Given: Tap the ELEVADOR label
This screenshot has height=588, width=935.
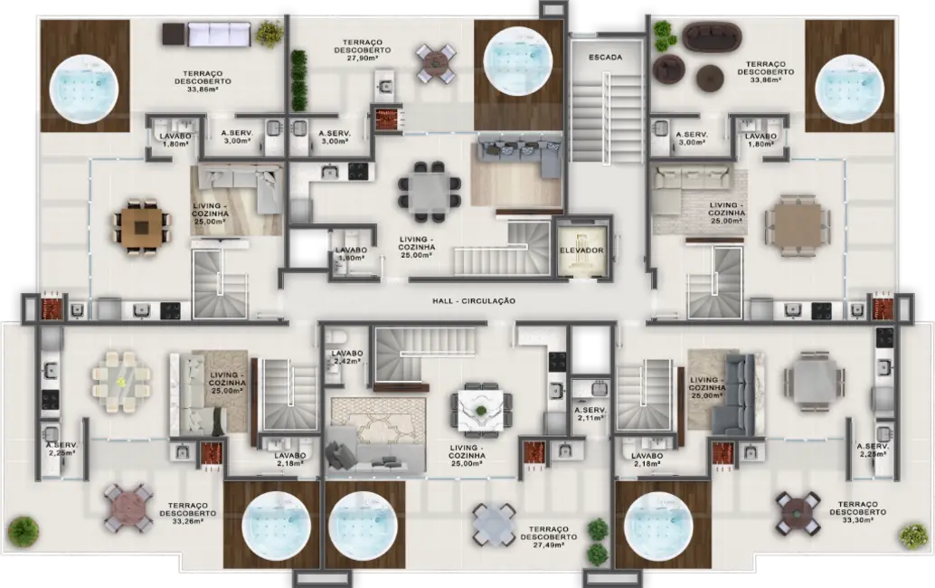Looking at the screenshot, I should (581, 251).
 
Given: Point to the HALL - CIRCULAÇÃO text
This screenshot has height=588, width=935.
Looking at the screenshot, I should (474, 300).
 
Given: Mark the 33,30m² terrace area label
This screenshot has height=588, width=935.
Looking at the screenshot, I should (863, 512).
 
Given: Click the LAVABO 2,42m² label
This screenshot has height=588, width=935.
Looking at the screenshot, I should (346, 357).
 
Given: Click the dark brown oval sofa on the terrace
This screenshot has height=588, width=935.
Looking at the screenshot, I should (713, 37).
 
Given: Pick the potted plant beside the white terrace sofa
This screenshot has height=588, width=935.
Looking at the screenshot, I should (269, 33).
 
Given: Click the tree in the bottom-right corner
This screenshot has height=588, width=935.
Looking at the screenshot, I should (913, 536).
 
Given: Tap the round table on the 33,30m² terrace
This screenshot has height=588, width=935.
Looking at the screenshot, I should (798, 511).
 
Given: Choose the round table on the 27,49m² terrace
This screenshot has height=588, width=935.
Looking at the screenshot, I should (494, 522).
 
